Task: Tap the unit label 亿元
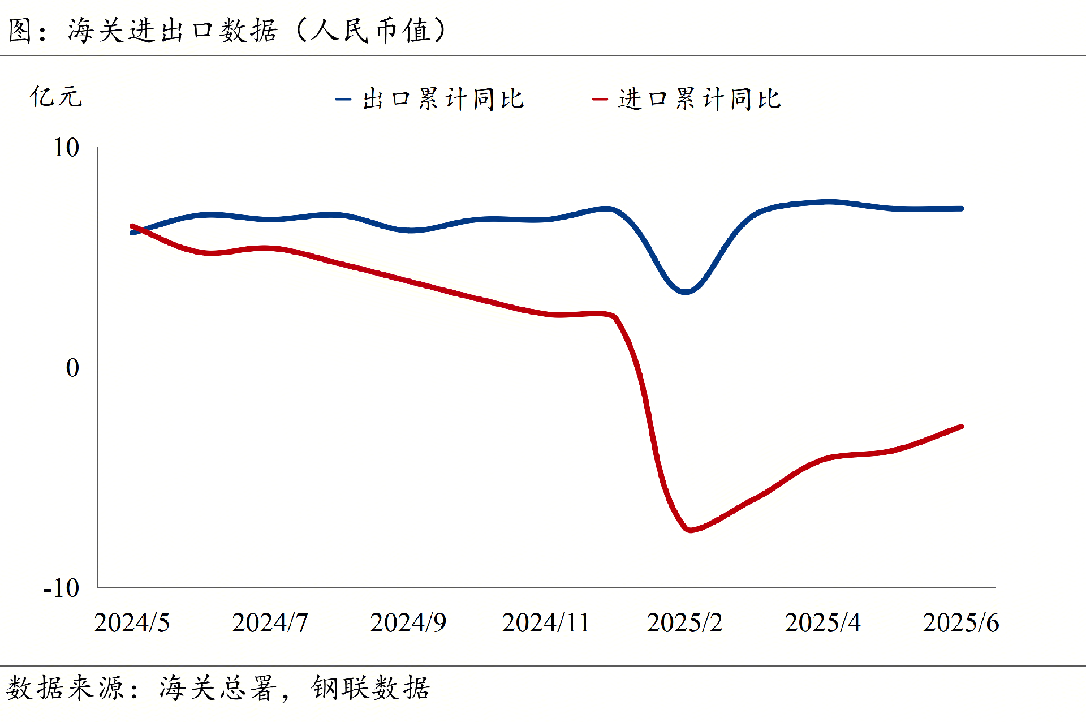click(x=56, y=96)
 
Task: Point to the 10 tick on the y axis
click(x=66, y=148)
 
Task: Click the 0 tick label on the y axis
click(x=72, y=368)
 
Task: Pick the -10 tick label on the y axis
click(x=62, y=588)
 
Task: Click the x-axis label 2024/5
click(x=132, y=623)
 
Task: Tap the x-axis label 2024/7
click(x=270, y=623)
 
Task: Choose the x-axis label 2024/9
click(x=408, y=623)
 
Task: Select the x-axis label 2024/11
click(x=546, y=623)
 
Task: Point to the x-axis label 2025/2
click(x=684, y=623)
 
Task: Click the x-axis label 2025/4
click(x=822, y=623)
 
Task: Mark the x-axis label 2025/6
click(x=960, y=623)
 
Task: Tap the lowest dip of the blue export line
click(x=684, y=291)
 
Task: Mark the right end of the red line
click(x=961, y=427)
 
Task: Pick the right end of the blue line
click(x=961, y=209)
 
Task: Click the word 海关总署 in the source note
click(x=218, y=688)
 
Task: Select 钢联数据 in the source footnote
click(x=370, y=688)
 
